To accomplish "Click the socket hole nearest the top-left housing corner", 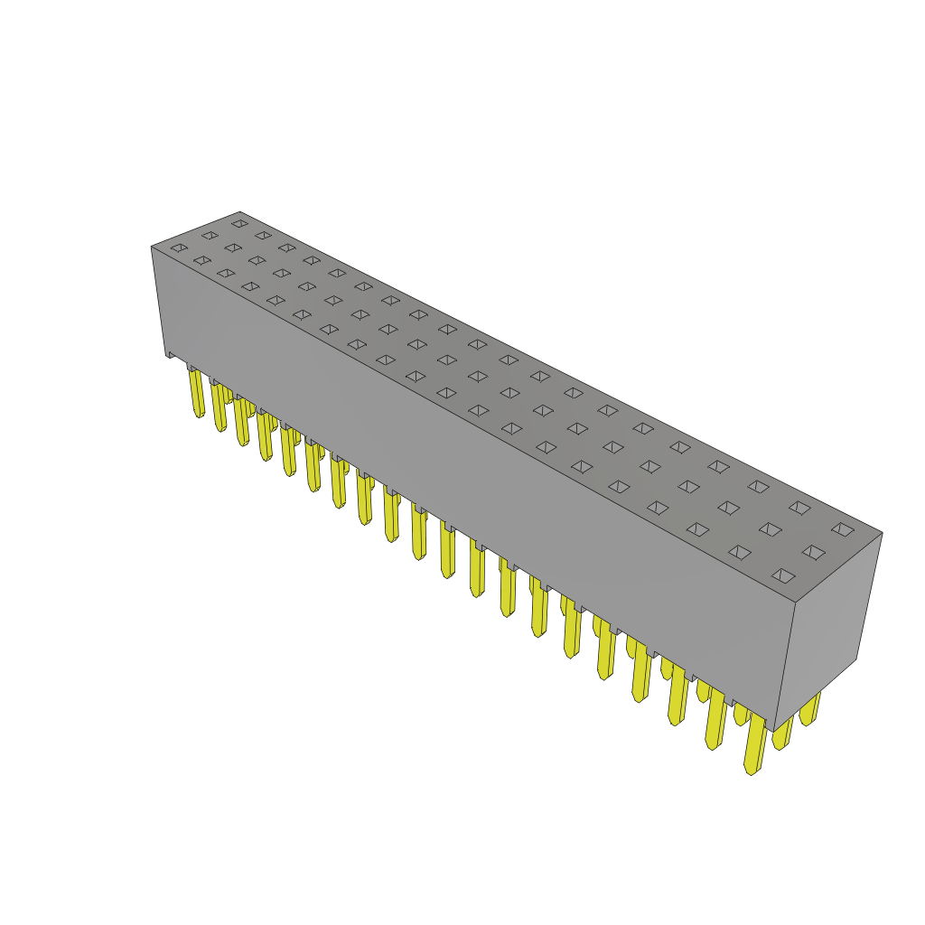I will coord(179,248).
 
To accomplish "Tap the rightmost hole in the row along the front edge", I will coord(783,575).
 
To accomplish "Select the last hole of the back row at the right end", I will coord(843,529).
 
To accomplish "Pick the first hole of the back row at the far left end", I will coord(239,223).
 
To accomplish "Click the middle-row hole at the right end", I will coord(813,552).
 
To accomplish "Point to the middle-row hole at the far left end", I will coord(210,235).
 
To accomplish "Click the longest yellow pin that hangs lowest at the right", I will coord(753,745).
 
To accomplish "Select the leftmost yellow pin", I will coord(197,393).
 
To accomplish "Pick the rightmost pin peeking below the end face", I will coord(809,709).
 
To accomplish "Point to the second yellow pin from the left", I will coord(220,406).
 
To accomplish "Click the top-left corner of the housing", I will coord(152,248).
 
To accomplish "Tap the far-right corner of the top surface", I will coord(882,533).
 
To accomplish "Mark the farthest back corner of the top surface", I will coord(240,212).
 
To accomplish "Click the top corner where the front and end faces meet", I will coord(795,603).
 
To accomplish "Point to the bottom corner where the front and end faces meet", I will coord(774,730).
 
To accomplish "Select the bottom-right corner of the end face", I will coord(856,659).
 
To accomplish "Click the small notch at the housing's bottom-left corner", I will coord(170,354).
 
